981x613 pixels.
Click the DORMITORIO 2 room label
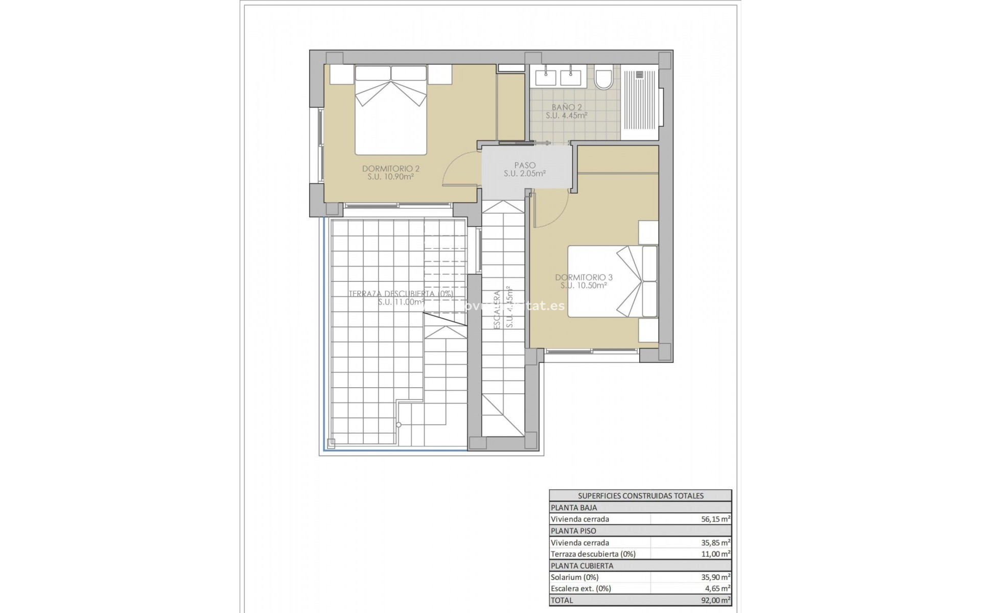coord(390,169)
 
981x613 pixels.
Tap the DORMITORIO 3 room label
coord(583,277)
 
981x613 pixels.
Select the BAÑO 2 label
coord(567,107)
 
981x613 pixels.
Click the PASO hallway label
coord(525,165)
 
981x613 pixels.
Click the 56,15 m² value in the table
coord(715,519)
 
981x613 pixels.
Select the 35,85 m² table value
coord(715,543)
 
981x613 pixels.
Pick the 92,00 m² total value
coord(715,601)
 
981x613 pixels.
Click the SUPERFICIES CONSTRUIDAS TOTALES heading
coord(640,496)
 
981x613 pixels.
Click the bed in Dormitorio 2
coord(391,117)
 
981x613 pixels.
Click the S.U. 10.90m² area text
coord(390,177)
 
